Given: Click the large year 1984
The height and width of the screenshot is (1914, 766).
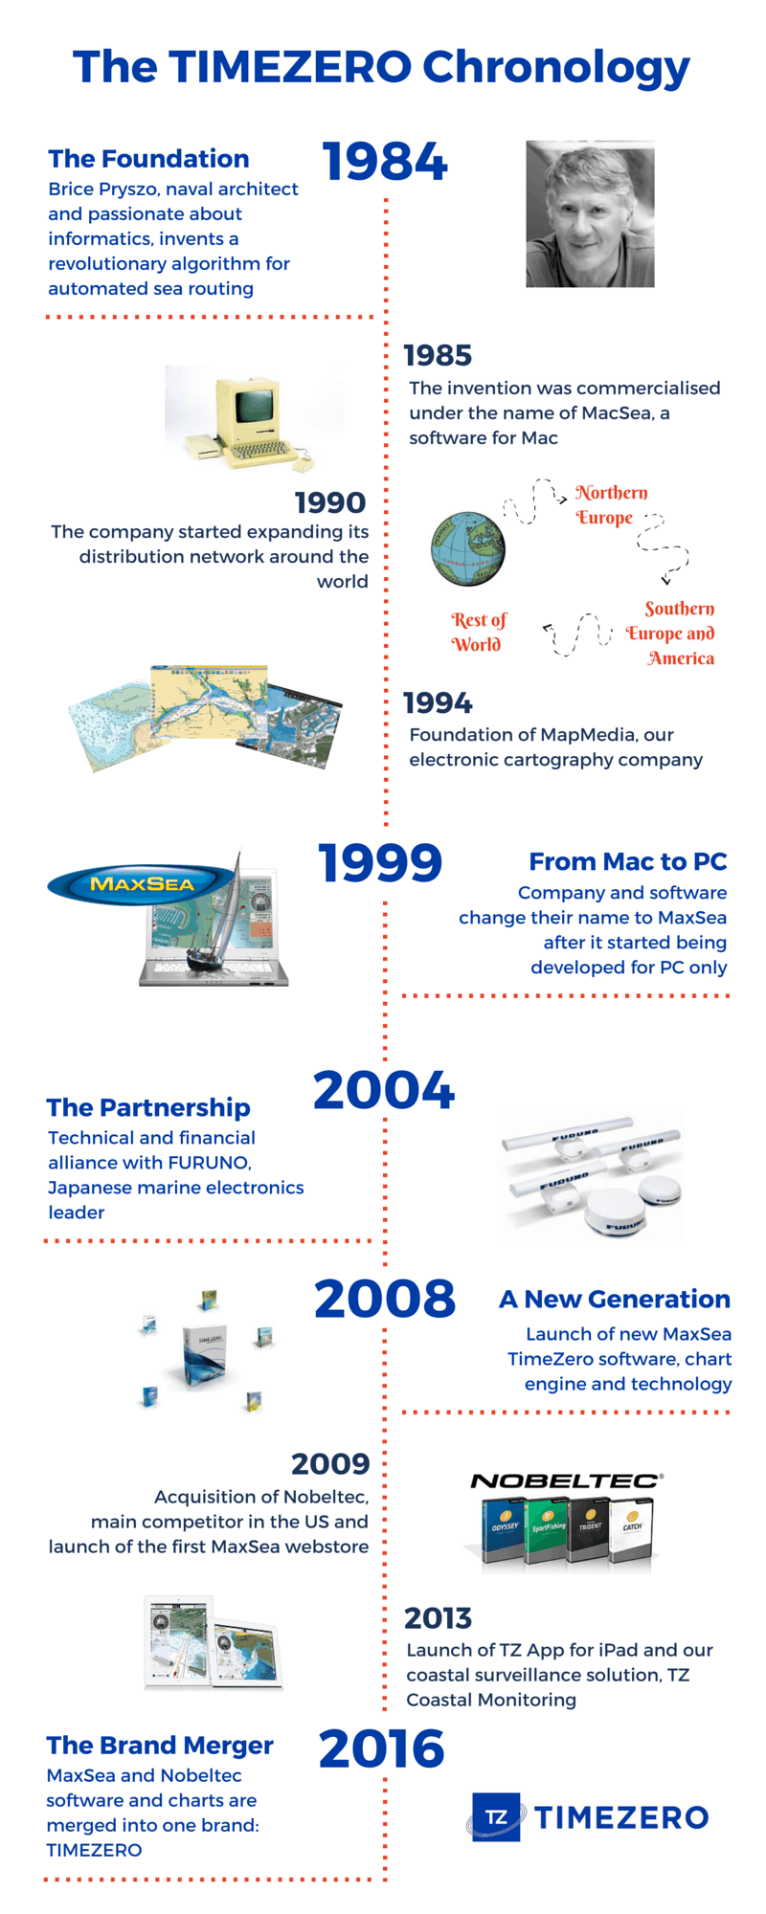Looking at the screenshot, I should click(385, 161).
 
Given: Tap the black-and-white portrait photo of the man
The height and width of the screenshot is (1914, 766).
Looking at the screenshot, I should click(590, 214).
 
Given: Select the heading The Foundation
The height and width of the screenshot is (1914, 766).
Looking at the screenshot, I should click(148, 159).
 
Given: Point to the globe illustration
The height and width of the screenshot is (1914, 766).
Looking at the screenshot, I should click(467, 548).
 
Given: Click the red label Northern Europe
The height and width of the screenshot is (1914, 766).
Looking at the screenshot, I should click(611, 504).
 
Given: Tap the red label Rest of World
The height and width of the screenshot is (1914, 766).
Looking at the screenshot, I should click(478, 633).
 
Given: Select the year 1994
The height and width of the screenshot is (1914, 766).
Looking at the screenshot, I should click(438, 703).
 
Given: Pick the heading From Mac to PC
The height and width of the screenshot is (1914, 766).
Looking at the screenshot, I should click(627, 861).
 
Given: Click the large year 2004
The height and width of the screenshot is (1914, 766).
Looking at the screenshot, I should click(384, 1090).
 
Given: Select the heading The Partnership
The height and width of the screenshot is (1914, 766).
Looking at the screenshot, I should click(148, 1107).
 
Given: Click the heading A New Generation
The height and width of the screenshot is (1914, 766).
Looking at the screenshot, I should click(615, 1299).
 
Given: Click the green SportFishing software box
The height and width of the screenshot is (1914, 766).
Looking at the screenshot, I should click(548, 1529).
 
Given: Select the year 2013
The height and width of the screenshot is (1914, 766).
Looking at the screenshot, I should click(438, 1618).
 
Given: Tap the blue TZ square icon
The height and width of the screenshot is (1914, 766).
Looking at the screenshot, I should click(496, 1816).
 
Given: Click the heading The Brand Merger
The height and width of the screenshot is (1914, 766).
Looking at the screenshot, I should click(160, 1746).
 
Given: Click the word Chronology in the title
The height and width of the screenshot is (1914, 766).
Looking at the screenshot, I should click(556, 67).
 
